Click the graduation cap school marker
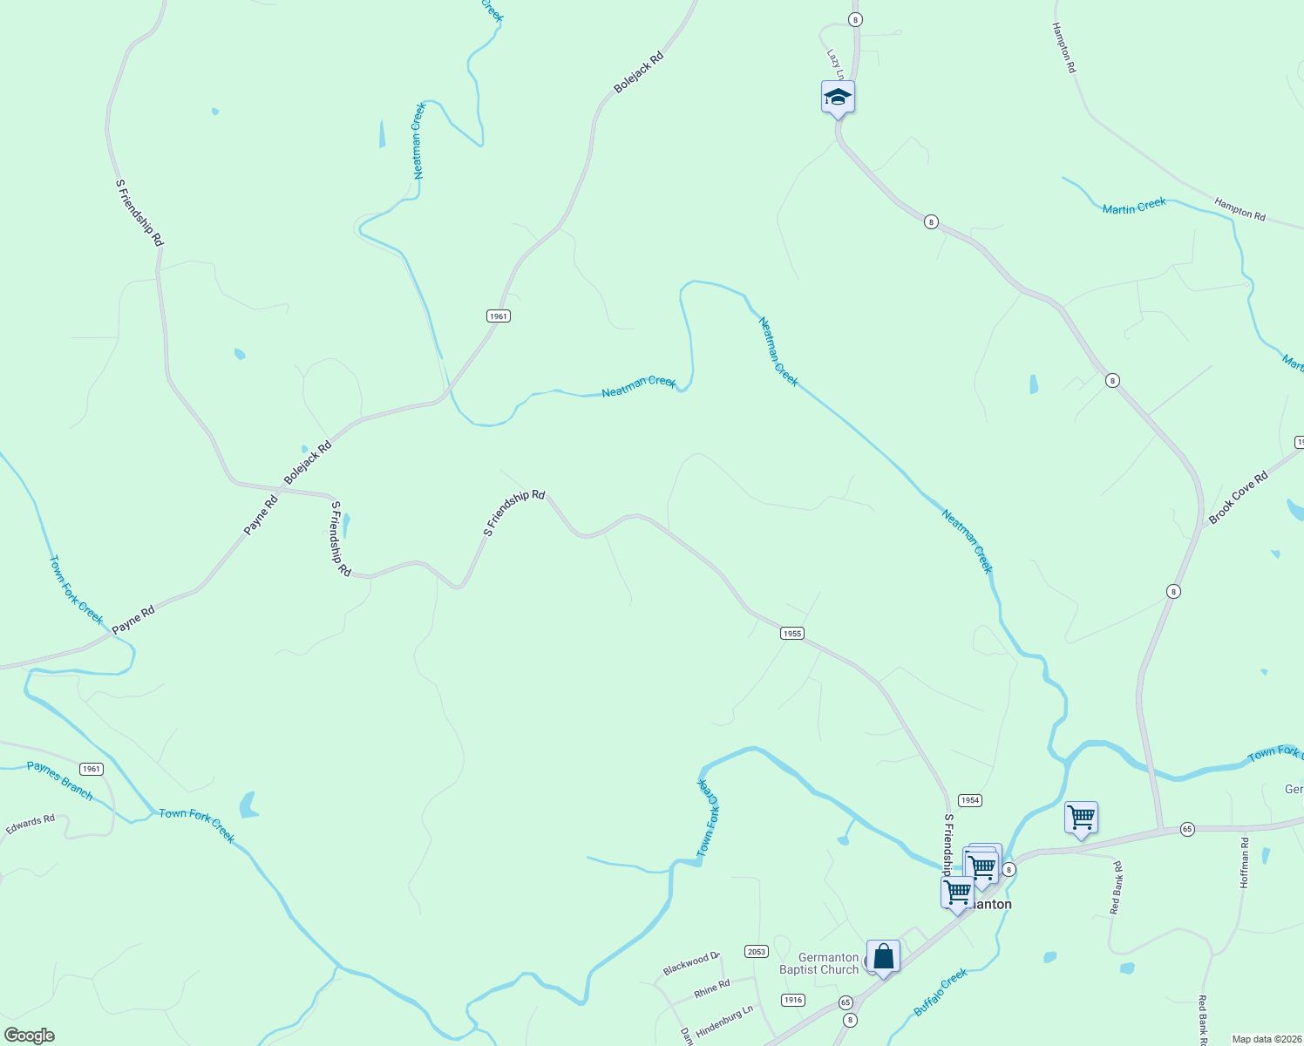point(838,97)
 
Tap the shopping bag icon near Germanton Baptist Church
point(883,956)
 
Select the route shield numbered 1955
point(791,634)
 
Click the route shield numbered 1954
point(969,800)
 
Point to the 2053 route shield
point(756,951)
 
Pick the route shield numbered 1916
point(792,1000)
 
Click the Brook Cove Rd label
point(1238,498)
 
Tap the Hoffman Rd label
point(1245,863)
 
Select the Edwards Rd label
point(31,825)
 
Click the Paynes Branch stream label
point(59,779)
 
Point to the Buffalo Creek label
point(941,992)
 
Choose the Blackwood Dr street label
point(691,964)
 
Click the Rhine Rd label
point(712,988)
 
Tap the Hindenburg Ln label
point(724,1018)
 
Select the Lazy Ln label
point(835,62)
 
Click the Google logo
point(29,1036)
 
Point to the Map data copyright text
point(1266,1039)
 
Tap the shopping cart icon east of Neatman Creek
point(1081,818)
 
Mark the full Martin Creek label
point(1134,207)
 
